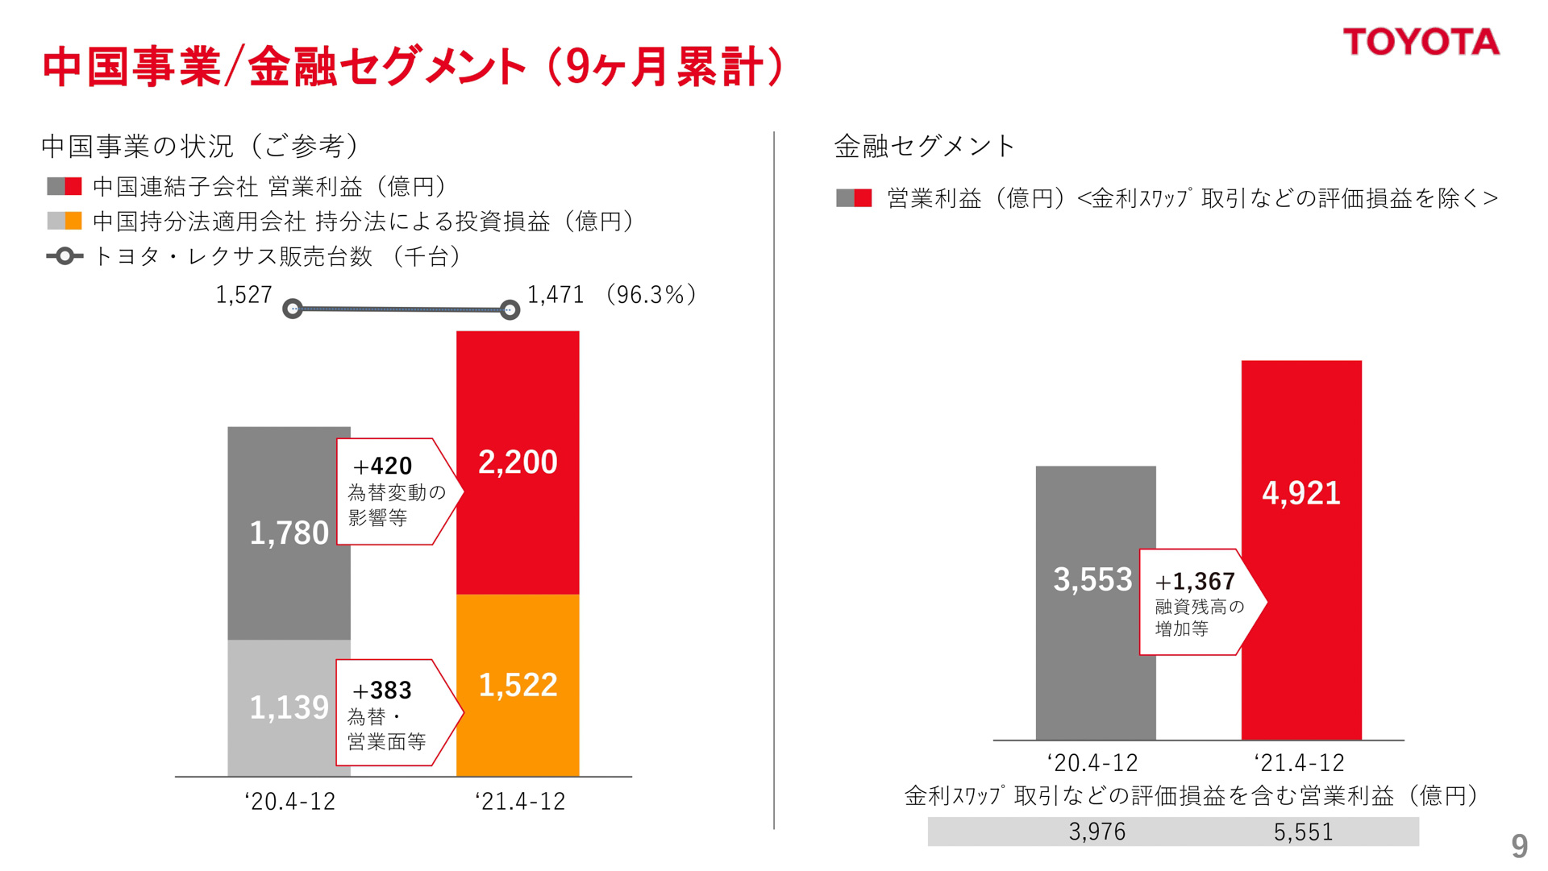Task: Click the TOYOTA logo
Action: [1421, 42]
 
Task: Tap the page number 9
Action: [1519, 846]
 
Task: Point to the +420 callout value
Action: [383, 466]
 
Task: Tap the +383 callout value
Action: [382, 690]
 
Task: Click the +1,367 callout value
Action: [1195, 581]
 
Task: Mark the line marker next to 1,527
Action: [293, 309]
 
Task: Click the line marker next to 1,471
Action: [510, 309]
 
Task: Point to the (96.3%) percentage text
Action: [651, 295]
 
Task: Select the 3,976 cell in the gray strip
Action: [1096, 832]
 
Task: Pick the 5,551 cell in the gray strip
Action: [1303, 832]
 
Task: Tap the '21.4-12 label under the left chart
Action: [520, 801]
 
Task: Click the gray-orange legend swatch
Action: [64, 221]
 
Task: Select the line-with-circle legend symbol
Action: [64, 256]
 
